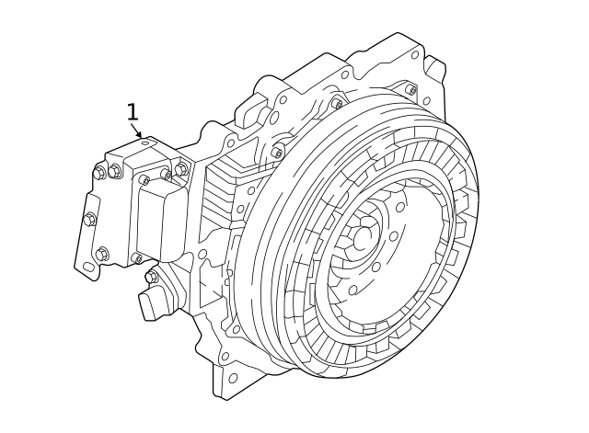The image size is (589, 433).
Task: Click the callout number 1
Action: click(x=133, y=112)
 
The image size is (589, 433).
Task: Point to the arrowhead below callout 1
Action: click(x=139, y=135)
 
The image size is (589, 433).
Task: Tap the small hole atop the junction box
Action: click(x=145, y=143)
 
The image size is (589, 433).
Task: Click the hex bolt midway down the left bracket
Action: click(x=90, y=220)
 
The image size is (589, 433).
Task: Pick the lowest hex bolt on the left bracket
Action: click(x=101, y=254)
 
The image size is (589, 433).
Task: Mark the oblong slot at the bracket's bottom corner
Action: click(x=88, y=268)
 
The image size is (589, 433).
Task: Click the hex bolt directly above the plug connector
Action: click(x=151, y=277)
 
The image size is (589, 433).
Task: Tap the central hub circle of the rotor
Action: click(x=364, y=237)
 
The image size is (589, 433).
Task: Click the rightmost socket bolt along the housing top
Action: click(x=410, y=90)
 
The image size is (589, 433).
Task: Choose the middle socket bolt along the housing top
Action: click(x=338, y=104)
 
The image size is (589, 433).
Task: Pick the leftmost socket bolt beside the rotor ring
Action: click(x=277, y=153)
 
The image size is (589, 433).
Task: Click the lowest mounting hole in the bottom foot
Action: click(x=232, y=378)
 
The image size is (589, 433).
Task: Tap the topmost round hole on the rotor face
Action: click(x=400, y=207)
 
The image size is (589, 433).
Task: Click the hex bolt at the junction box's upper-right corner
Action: click(x=180, y=169)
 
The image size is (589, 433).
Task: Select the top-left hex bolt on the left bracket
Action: click(x=99, y=173)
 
